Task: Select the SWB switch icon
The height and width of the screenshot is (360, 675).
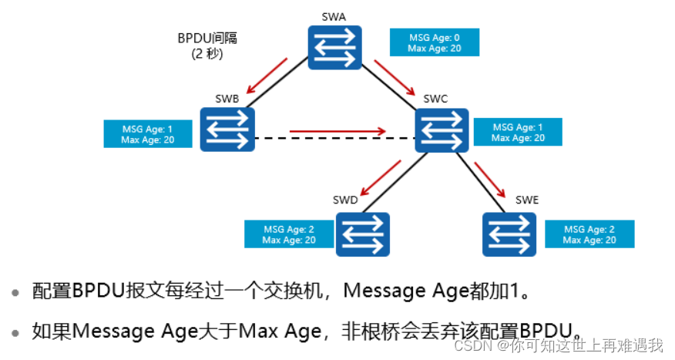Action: (x=227, y=129)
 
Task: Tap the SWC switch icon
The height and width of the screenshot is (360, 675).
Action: (x=442, y=129)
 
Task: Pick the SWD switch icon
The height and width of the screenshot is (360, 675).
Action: (x=362, y=234)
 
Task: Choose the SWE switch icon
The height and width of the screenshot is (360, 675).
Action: (x=509, y=234)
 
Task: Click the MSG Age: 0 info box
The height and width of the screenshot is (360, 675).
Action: (x=435, y=42)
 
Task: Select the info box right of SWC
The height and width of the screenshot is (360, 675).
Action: (x=518, y=133)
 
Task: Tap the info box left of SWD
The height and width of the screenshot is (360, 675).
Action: (x=288, y=234)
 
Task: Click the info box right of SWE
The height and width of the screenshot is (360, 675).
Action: (x=589, y=234)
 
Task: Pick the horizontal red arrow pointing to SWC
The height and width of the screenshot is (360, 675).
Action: (x=337, y=131)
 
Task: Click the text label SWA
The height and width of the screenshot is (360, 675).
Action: (x=335, y=15)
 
